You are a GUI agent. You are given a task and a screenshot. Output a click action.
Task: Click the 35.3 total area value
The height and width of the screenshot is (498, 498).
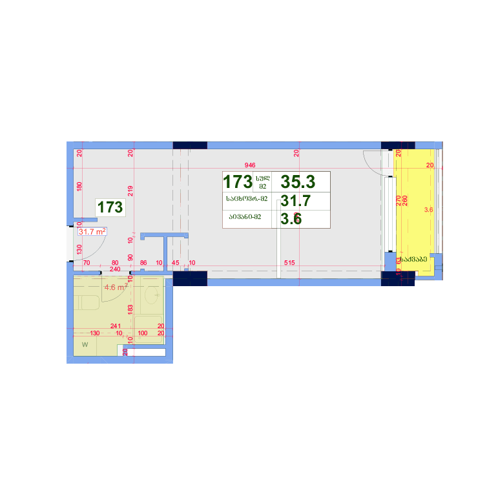click(298, 182)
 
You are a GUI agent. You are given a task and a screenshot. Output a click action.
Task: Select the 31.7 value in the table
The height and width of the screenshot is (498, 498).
click(296, 200)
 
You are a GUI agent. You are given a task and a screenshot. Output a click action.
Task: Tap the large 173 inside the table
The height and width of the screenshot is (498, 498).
click(237, 182)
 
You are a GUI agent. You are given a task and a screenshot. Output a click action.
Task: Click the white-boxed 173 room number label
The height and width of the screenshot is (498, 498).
click(110, 207)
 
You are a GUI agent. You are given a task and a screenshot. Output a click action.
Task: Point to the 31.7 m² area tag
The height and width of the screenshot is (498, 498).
click(92, 231)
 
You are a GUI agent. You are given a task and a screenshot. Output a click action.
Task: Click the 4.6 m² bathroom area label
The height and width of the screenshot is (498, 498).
click(116, 289)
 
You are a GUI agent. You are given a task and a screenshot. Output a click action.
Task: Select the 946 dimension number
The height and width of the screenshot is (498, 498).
click(250, 165)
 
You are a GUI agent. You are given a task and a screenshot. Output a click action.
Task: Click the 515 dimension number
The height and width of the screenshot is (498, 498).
click(289, 263)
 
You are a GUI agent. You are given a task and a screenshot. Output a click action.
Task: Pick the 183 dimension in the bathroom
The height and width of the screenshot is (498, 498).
click(130, 309)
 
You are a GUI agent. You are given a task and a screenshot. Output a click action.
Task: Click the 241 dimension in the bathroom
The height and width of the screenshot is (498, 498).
click(116, 326)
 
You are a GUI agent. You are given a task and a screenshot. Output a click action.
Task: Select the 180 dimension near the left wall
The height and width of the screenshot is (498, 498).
click(79, 186)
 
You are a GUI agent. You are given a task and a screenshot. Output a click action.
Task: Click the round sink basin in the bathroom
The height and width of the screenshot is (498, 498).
click(153, 295)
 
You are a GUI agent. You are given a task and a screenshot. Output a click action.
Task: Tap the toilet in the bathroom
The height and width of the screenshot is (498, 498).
click(87, 302)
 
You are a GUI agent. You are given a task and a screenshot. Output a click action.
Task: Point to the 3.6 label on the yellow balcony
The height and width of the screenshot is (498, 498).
click(428, 210)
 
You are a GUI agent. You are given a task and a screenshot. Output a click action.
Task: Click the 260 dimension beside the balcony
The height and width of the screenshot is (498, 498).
click(405, 200)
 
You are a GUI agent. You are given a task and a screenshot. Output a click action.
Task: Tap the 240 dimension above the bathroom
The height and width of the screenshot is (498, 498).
click(115, 269)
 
